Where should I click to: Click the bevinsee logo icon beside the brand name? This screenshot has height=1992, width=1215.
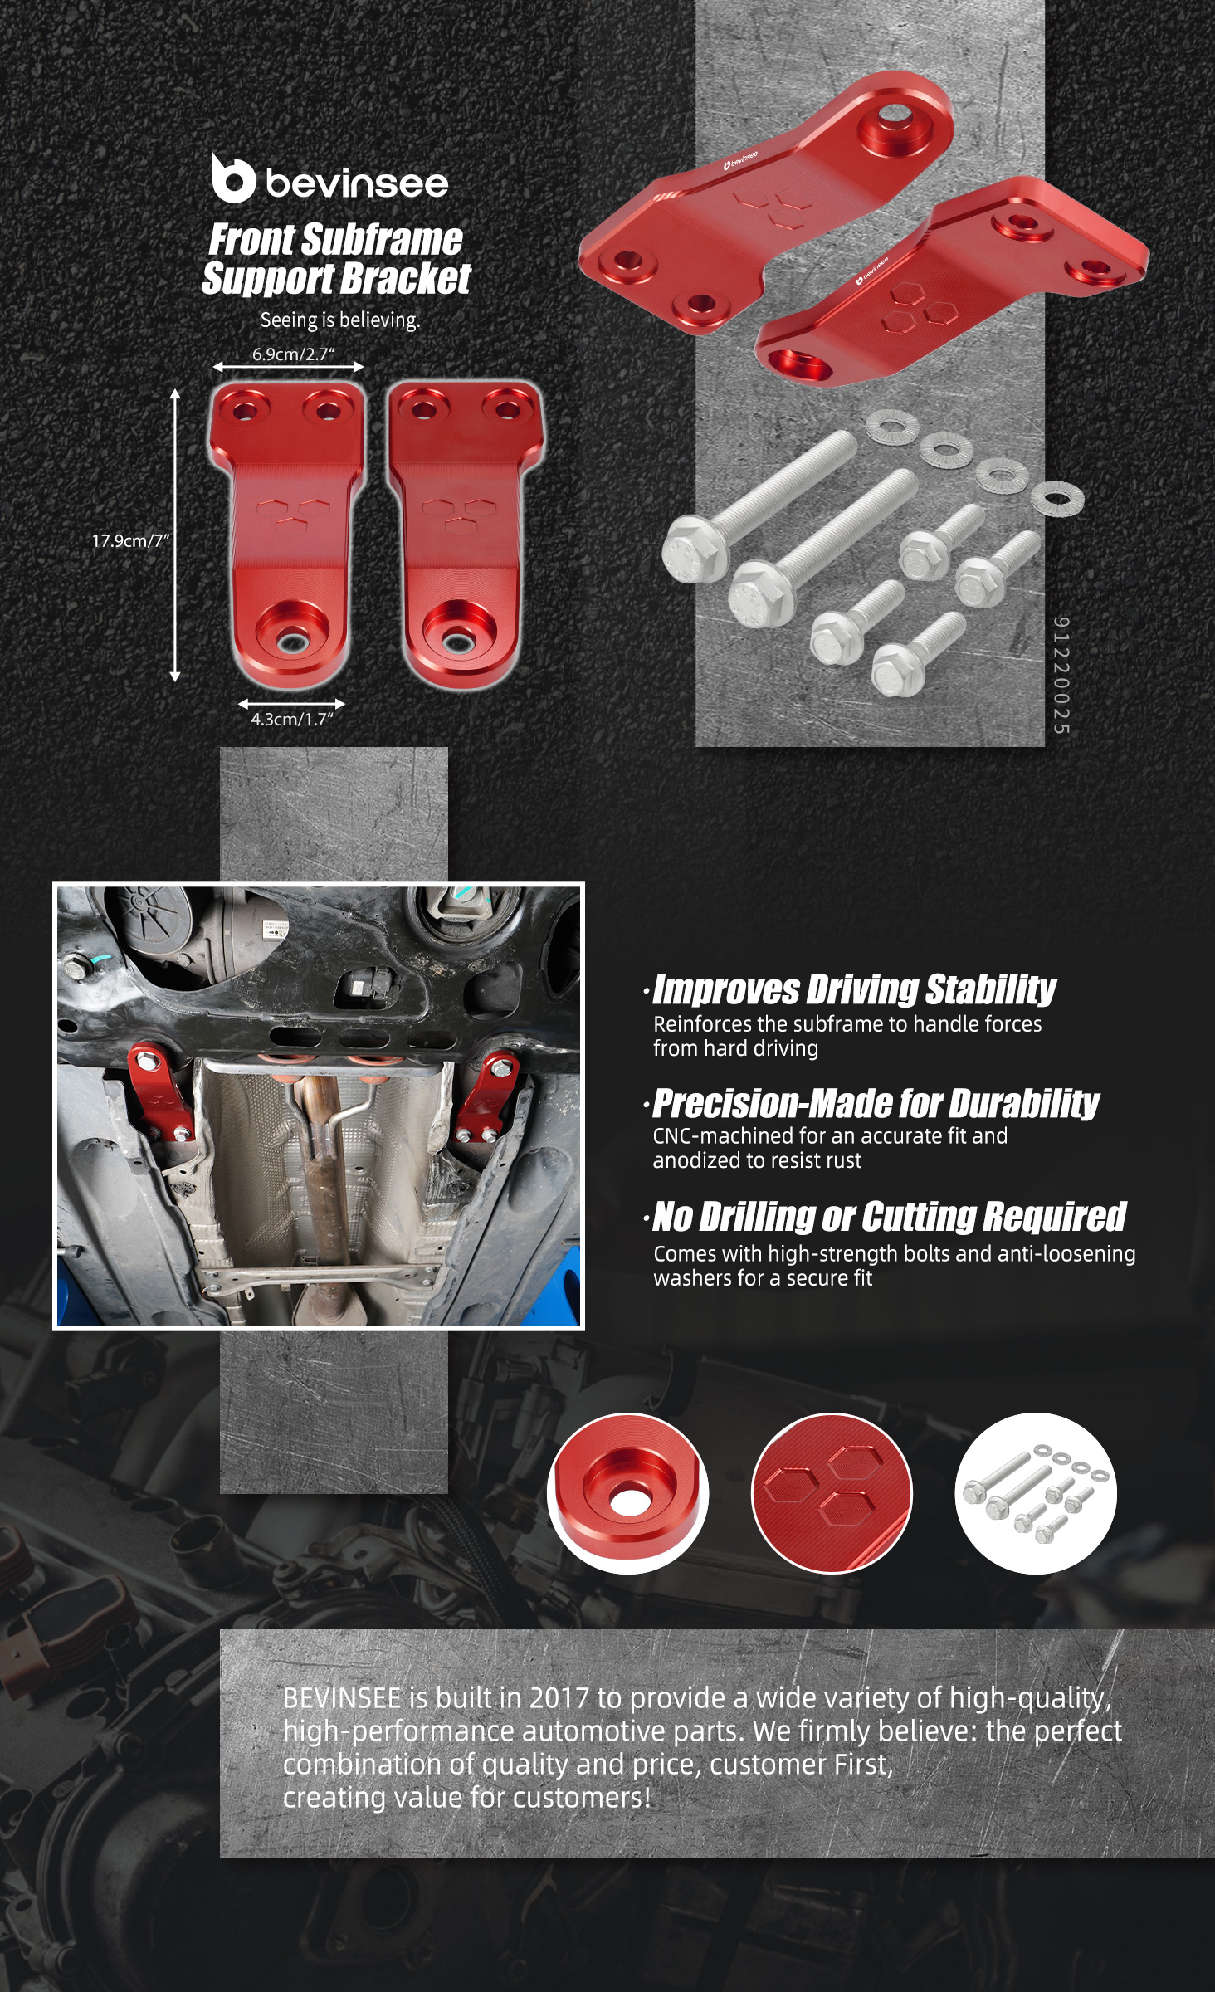pos(232,178)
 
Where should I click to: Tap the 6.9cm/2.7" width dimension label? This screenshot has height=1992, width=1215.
pos(293,354)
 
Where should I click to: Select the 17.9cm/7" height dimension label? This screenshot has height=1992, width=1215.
pos(130,540)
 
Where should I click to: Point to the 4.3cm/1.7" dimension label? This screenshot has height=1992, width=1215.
pos(292,719)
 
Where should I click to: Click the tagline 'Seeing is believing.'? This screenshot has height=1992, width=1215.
pos(340,320)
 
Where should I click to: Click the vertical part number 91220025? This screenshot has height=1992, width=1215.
pos(1061,675)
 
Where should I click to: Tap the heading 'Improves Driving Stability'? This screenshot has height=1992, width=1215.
pos(854,989)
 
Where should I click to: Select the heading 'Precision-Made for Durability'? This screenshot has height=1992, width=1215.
pos(876,1103)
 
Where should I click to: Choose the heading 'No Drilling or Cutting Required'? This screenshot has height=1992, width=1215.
pos(890,1217)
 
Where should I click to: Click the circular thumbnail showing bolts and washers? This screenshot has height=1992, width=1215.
pos(1036,1493)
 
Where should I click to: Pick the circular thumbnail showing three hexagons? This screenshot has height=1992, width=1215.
pos(832,1493)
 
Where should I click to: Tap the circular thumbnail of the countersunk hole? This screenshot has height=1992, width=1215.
pos(627,1493)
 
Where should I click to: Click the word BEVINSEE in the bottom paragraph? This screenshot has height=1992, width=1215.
pos(342,1697)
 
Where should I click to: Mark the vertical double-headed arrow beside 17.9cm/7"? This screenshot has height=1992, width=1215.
pos(175,535)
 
